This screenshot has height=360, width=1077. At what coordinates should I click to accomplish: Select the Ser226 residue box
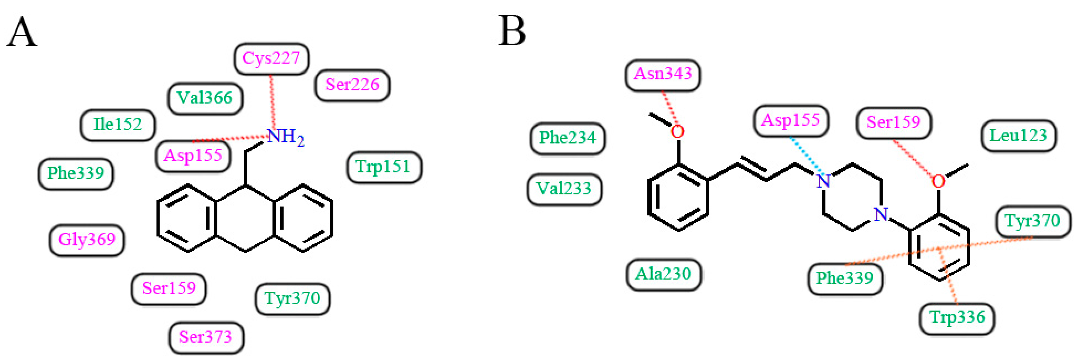pyautogui.click(x=352, y=85)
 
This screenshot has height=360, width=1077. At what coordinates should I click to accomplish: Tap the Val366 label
pyautogui.click(x=205, y=98)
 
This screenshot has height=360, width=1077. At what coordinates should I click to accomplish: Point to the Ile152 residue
pyautogui.click(x=118, y=125)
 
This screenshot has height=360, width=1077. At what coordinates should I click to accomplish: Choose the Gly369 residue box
pyautogui.click(x=87, y=240)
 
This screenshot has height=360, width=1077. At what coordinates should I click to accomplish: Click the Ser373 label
pyautogui.click(x=206, y=337)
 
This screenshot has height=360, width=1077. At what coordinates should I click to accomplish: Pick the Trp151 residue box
pyautogui.click(x=384, y=167)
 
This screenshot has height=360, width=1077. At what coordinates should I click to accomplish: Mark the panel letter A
pyautogui.click(x=22, y=32)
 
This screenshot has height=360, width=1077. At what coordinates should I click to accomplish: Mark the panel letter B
pyautogui.click(x=512, y=31)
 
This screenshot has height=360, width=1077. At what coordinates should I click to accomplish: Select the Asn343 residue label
pyautogui.click(x=663, y=74)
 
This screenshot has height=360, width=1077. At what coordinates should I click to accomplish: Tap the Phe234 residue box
pyautogui.click(x=567, y=138)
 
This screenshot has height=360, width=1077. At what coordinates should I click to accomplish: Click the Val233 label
pyautogui.click(x=564, y=189)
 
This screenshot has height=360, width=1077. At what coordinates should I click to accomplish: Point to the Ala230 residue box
pyautogui.click(x=664, y=274)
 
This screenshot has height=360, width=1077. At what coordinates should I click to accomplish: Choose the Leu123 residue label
pyautogui.click(x=1019, y=136)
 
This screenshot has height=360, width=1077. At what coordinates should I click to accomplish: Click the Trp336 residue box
pyautogui.click(x=957, y=318)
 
